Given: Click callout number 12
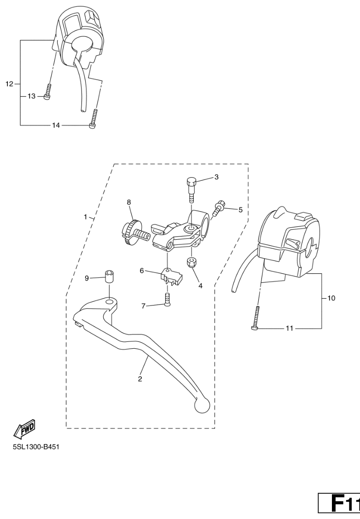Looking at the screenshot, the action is point(9,84).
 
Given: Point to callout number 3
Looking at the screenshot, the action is point(216,177).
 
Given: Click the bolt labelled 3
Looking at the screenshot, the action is point(192,189).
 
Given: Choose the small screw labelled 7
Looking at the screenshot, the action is point(168,300).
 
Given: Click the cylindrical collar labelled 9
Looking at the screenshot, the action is point(109,276).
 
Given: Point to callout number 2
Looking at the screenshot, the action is point(140,379).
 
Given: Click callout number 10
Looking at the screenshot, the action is point(331,298).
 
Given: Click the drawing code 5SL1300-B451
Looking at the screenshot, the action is point(36,447).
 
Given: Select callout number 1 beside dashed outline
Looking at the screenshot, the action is point(86,217).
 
